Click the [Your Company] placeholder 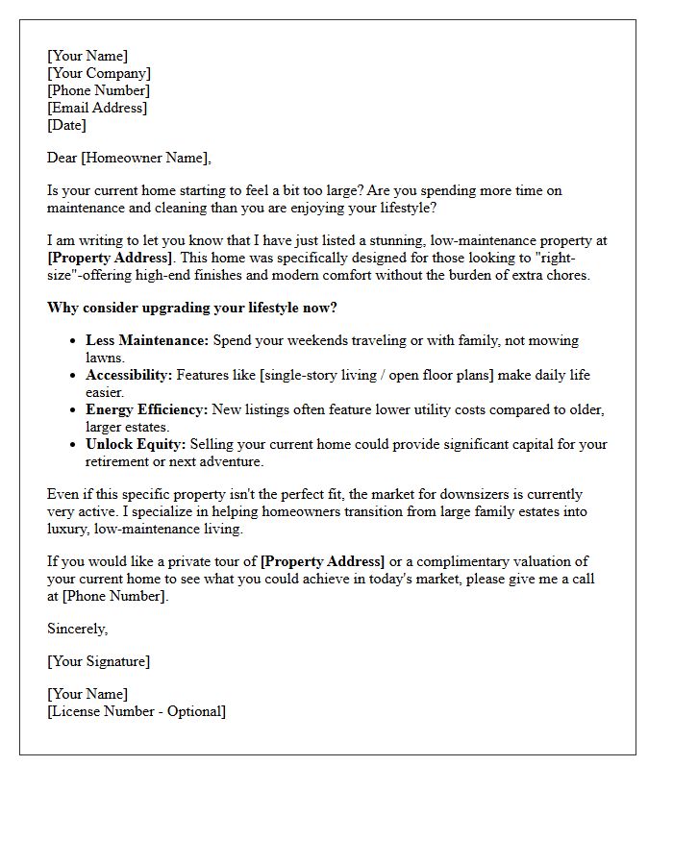[99, 73]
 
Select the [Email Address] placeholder [97, 108]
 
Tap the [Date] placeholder [66, 125]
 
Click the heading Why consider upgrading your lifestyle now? [192, 308]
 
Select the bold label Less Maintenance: [147, 340]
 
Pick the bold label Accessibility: [129, 375]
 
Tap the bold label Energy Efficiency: [146, 409]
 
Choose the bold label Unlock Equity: [136, 444]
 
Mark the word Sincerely [77, 629]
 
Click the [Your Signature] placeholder [98, 661]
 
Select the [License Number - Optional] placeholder [137, 711]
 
